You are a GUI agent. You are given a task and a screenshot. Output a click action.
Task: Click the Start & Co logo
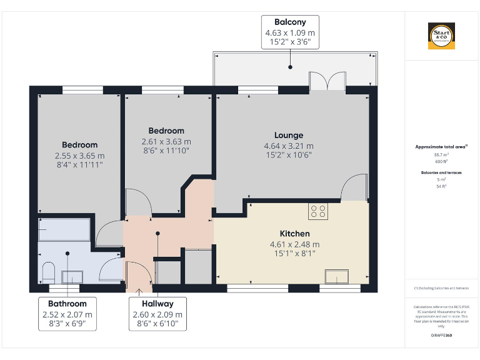[441, 36]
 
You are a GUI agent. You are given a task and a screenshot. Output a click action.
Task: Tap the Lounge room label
[289, 135]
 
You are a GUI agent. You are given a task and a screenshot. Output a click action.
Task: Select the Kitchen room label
[294, 233]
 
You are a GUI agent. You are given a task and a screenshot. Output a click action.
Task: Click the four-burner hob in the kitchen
[317, 211]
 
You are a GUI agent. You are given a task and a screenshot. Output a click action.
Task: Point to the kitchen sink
[337, 276]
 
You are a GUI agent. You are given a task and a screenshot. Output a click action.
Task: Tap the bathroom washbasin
[72, 276]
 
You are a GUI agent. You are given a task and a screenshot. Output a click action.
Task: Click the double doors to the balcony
[327, 82]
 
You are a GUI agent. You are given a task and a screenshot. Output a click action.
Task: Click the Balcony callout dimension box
[290, 33]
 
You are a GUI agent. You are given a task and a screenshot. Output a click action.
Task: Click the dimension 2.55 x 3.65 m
[79, 156]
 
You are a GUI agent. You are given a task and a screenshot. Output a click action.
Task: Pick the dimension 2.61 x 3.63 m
[166, 141]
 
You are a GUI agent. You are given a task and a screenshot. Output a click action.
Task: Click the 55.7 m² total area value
[441, 154]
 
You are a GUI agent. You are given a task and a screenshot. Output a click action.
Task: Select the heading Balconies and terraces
[441, 172]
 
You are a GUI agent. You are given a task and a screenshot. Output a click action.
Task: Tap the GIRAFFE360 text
[441, 336]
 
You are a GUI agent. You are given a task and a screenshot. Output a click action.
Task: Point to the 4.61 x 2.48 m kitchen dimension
[294, 244]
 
